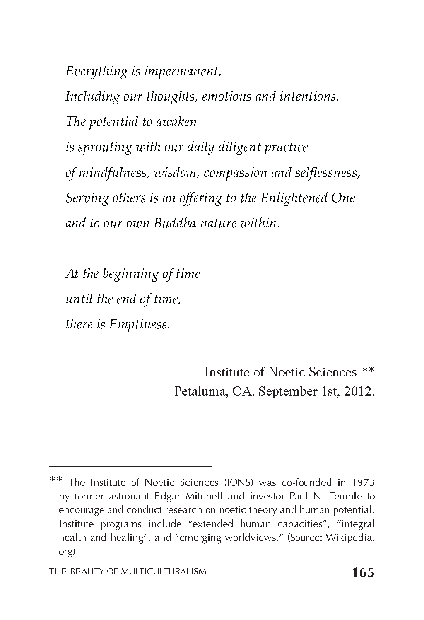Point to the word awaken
(x=176, y=122)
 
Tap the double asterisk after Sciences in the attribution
(x=368, y=372)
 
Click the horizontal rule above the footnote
(x=130, y=466)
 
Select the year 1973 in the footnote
(x=363, y=482)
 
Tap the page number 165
(x=363, y=572)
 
